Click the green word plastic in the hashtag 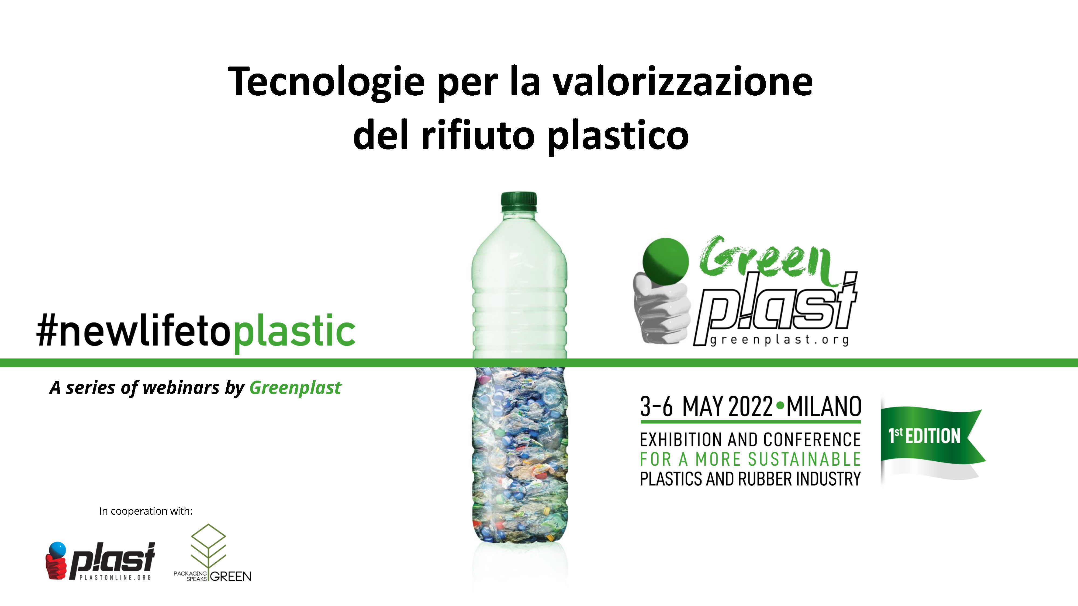pyautogui.click(x=294, y=332)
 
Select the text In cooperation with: pyautogui.click(x=146, y=511)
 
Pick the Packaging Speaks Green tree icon pyautogui.click(x=208, y=546)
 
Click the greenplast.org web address pyautogui.click(x=779, y=340)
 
